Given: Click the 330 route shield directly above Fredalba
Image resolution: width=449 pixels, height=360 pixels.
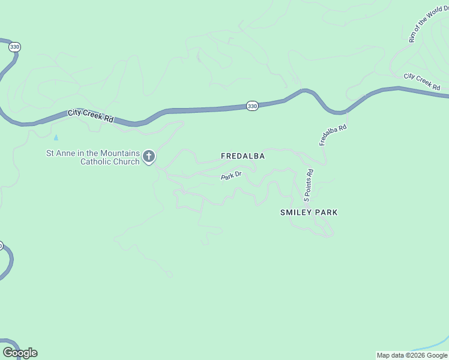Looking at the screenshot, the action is [x=252, y=106].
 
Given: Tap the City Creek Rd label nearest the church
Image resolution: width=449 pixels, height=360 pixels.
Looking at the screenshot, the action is [x=91, y=115].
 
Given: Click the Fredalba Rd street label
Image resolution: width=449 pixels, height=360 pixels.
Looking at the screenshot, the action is [x=333, y=135].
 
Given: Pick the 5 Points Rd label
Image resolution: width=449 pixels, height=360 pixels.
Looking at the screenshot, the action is [x=309, y=184].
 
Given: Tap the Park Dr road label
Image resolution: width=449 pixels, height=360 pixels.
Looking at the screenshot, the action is [x=231, y=176].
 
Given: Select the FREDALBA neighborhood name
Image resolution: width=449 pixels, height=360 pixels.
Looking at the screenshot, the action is [x=243, y=156].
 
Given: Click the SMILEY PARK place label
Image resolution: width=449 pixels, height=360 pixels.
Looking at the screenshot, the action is [x=309, y=212].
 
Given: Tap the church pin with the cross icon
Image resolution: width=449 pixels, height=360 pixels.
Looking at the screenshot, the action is [x=149, y=157].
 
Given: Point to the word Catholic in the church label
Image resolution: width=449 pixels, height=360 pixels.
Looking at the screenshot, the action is [x=97, y=161].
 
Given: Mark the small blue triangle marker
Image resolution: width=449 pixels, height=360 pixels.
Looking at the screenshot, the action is [x=56, y=137].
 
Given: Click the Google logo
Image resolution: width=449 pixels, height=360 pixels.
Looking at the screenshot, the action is [x=20, y=353].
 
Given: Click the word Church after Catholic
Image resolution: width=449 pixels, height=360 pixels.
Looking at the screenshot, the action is [x=126, y=161].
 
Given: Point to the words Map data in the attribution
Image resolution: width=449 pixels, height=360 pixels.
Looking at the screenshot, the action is [x=390, y=355].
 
